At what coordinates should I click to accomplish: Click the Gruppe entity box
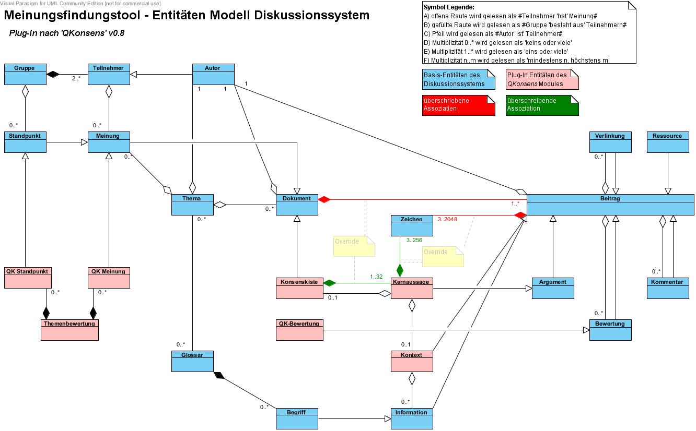click(25, 74)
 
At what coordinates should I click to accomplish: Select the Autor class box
click(213, 74)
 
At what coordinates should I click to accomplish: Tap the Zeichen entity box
click(412, 225)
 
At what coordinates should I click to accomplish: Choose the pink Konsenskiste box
click(299, 288)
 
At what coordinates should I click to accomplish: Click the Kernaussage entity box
click(412, 288)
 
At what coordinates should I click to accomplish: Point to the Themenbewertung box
click(69, 330)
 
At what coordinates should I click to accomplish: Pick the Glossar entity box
click(192, 361)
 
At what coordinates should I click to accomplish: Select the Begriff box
click(297, 418)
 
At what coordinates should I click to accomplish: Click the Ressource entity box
click(667, 142)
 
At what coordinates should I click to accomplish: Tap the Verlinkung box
click(610, 142)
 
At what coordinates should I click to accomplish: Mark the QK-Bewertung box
click(299, 330)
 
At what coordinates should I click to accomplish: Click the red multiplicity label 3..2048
click(447, 219)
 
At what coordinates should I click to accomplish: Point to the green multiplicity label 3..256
click(414, 241)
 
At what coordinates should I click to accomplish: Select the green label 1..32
click(376, 277)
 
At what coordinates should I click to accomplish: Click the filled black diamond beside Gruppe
click(53, 75)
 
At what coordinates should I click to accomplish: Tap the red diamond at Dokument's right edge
click(324, 199)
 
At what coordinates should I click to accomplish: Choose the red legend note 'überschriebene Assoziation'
click(458, 105)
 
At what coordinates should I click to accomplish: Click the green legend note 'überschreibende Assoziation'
click(542, 105)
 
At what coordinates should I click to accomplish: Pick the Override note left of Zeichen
click(354, 246)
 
